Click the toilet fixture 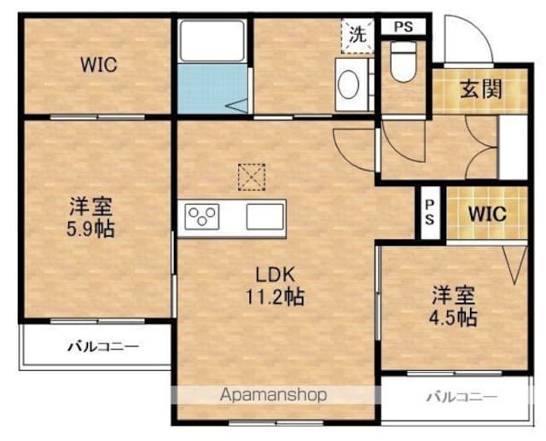[x=404, y=61]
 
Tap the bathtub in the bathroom [x=212, y=42]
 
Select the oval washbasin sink [x=349, y=84]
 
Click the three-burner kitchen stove [x=202, y=217]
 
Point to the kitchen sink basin [x=265, y=217]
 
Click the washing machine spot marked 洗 [x=357, y=36]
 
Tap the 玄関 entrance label [x=481, y=89]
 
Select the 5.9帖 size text [x=90, y=229]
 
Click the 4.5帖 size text [x=453, y=317]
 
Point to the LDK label [x=276, y=275]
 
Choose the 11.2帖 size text [x=275, y=297]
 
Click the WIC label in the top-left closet [x=99, y=65]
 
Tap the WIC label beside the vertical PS [x=487, y=214]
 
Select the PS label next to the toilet [x=404, y=26]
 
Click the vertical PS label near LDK [x=430, y=212]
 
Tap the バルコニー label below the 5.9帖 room [x=103, y=346]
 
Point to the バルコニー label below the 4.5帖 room [x=462, y=397]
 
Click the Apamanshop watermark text [x=274, y=395]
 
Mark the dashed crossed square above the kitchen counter [x=252, y=177]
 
